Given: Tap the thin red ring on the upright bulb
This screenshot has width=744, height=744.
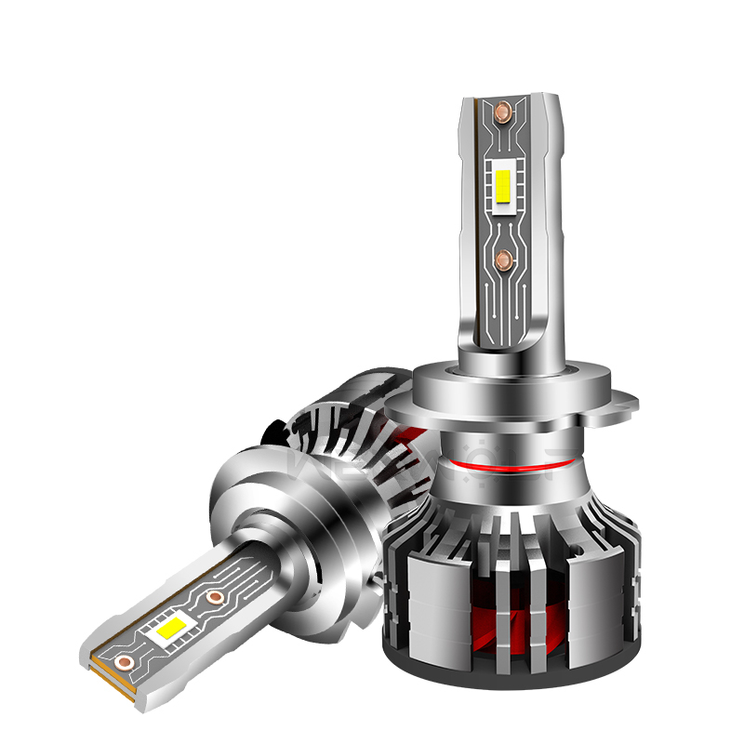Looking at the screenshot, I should click(x=502, y=462).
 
